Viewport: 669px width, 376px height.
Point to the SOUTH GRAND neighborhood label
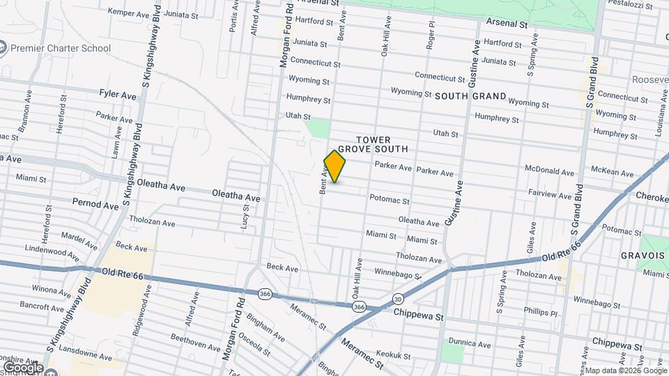tap(470, 95)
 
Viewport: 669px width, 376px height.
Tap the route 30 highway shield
tap(397, 299)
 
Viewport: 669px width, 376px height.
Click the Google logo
tap(23, 367)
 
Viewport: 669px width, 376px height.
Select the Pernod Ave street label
tap(95, 205)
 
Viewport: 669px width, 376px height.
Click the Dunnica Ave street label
tap(470, 343)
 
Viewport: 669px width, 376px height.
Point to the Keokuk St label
tap(393, 355)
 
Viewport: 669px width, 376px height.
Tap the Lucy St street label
tap(245, 221)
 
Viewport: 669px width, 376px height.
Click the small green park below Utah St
tap(318, 128)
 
